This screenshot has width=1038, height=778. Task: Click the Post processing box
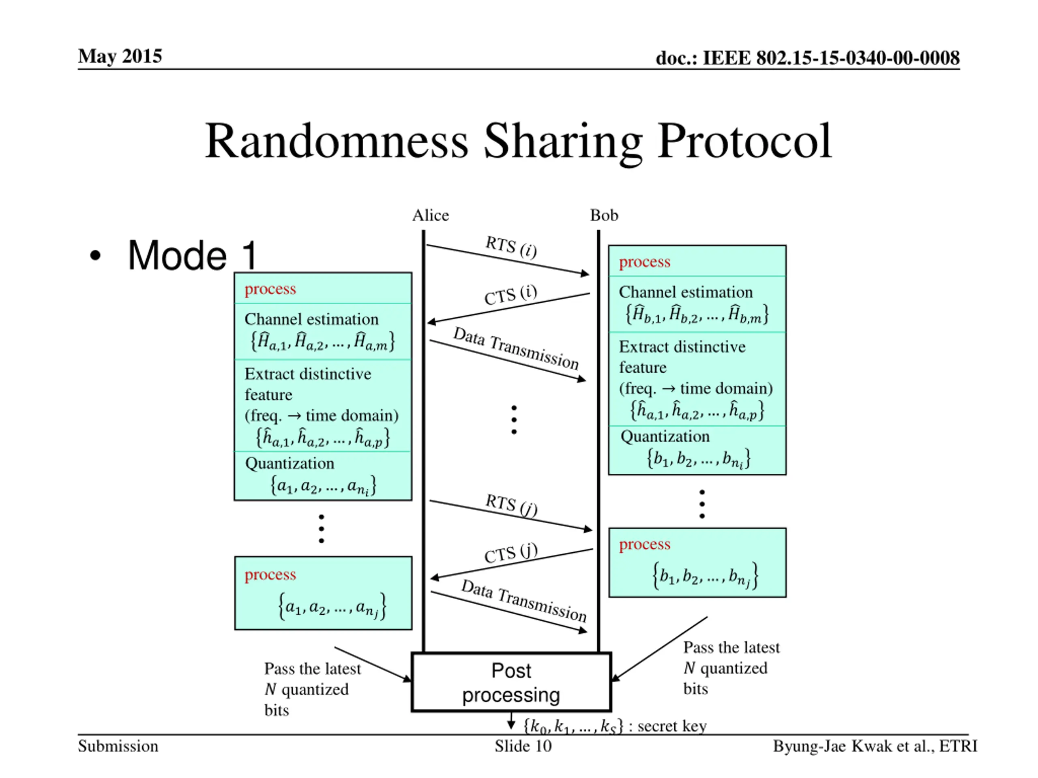coord(511,682)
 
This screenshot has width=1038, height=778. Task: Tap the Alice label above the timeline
coord(430,215)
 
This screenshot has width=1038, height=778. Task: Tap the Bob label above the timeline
coord(604,215)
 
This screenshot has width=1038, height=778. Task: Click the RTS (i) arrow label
coord(511,247)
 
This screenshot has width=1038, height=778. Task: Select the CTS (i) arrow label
coord(510,295)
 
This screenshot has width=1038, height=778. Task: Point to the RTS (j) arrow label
coord(511,504)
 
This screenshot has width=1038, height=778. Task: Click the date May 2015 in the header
coord(120,56)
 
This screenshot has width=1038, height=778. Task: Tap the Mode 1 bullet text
coord(193,256)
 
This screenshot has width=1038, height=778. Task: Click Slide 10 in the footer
coord(523,746)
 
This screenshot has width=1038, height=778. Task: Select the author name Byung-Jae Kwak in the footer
coord(840,746)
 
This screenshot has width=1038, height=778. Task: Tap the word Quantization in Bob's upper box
coord(665,436)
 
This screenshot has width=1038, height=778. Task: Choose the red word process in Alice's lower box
coord(270,575)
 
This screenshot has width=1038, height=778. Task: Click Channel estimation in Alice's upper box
coord(311,319)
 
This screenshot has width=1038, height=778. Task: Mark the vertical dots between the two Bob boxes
coord(702,504)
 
